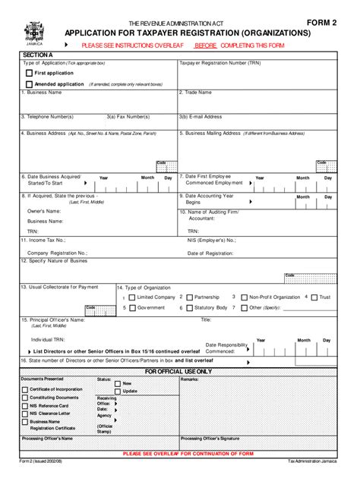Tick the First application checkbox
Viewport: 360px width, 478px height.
pyautogui.click(x=30, y=74)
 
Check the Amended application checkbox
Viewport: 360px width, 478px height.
pyautogui.click(x=30, y=84)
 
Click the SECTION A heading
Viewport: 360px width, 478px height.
pyautogui.click(x=37, y=55)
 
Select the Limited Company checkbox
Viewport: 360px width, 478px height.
pyautogui.click(x=132, y=297)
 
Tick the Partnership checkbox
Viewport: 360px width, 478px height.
pyautogui.click(x=189, y=297)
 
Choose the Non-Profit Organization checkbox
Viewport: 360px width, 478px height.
pyautogui.click(x=244, y=297)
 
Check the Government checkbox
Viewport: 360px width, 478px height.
pyautogui.click(x=132, y=308)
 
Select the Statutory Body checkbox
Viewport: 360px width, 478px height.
pyautogui.click(x=189, y=308)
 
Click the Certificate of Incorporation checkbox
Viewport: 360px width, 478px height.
pyautogui.click(x=24, y=388)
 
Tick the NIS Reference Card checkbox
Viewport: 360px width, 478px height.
pyautogui.click(x=24, y=405)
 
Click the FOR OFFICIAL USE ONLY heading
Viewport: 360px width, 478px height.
pyautogui.click(x=178, y=372)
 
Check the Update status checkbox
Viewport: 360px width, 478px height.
pyautogui.click(x=117, y=391)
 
